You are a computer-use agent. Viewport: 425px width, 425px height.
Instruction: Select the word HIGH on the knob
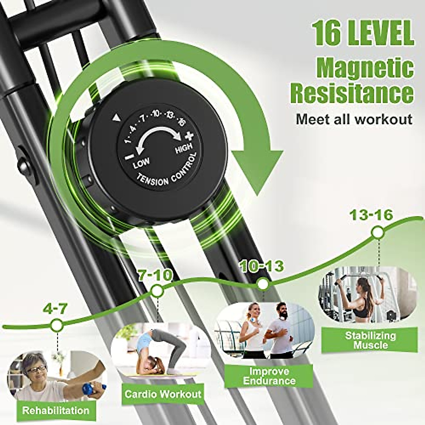click(184, 148)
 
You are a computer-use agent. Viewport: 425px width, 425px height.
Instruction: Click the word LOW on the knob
click(141, 164)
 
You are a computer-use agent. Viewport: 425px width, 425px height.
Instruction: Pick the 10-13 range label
click(262, 266)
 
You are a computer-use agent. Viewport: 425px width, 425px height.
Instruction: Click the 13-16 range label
click(371, 215)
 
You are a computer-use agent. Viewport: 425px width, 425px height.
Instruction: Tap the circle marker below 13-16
click(378, 233)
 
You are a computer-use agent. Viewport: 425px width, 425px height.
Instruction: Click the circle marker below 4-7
click(56, 325)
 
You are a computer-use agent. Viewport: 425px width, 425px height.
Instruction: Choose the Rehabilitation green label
click(56, 411)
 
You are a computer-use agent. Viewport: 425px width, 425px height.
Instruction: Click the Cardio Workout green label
click(163, 394)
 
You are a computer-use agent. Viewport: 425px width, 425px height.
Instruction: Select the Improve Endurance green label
click(269, 376)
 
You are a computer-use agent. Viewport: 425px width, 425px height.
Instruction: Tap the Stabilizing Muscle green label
click(370, 340)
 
